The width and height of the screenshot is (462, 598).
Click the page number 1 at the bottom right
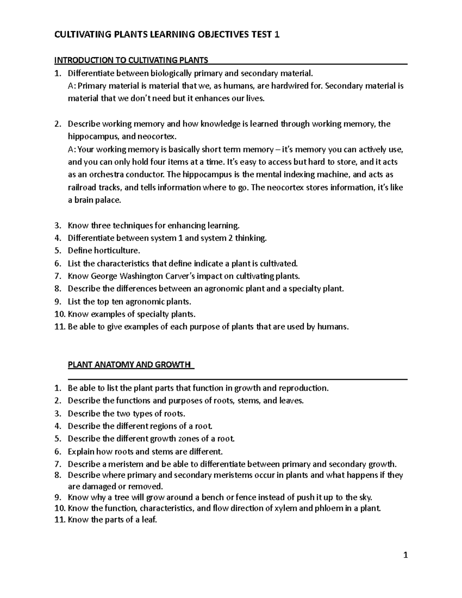pos(405,555)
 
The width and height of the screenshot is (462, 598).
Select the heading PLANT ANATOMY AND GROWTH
pos(129,365)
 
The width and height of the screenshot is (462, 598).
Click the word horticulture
pos(115,251)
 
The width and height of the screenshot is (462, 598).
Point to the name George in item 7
pos(104,276)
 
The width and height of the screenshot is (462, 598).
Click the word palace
pos(108,200)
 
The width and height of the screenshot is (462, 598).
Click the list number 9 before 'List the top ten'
pos(57,302)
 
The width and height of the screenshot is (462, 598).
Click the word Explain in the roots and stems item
pos(81,451)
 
